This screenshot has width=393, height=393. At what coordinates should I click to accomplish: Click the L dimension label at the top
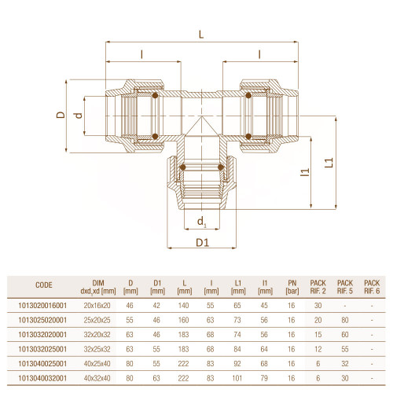tap(201, 35)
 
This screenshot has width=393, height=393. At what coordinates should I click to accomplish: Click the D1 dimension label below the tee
tap(203, 243)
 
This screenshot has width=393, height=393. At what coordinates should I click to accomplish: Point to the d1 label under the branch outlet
tap(201, 222)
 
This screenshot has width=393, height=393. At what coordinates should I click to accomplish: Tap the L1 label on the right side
tap(329, 163)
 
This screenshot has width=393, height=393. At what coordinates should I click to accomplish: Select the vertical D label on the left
tap(61, 115)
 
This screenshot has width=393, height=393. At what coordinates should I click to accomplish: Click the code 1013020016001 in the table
tap(42, 306)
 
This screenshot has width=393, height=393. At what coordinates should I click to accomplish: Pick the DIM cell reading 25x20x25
tap(97, 320)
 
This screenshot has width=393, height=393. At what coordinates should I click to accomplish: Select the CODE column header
tap(44, 285)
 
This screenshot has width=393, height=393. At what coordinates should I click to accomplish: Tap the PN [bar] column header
tap(292, 287)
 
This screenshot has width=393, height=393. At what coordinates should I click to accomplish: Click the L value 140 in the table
tap(183, 306)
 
